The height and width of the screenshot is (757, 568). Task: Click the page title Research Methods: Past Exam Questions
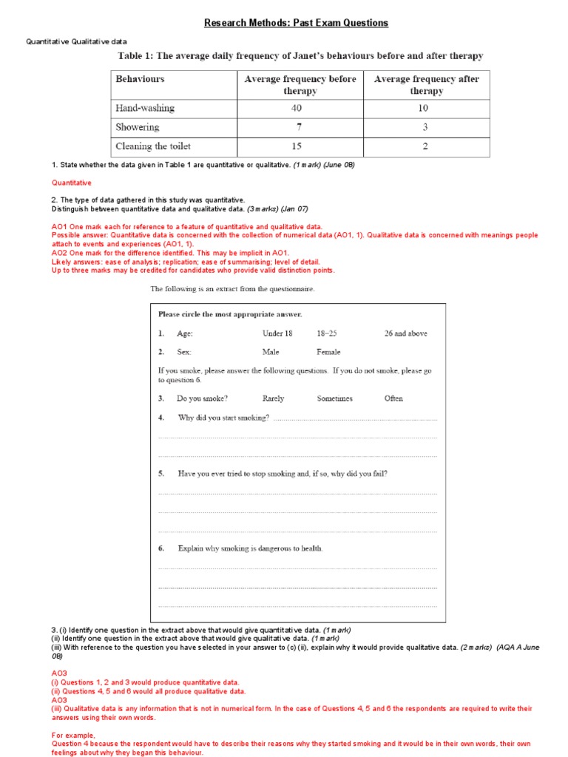[x=296, y=23]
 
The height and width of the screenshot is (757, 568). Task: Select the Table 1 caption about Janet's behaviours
[x=300, y=56]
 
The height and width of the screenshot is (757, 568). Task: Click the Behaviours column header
[x=141, y=78]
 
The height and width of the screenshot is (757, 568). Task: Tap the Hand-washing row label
[x=145, y=108]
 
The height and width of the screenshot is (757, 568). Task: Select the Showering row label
[x=137, y=127]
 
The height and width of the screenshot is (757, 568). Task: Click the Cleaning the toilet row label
[x=153, y=146]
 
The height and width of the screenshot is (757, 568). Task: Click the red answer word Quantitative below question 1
[x=72, y=182]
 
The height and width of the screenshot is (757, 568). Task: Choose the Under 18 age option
[x=277, y=333]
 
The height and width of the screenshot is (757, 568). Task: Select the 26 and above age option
[x=405, y=333]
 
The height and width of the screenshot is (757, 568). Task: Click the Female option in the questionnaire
[x=329, y=353]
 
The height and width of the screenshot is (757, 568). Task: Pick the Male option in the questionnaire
[x=273, y=353]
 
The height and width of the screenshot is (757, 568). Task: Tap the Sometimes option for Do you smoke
[x=335, y=398]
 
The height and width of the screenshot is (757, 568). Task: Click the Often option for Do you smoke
[x=393, y=398]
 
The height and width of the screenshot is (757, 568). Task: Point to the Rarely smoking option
[x=274, y=398]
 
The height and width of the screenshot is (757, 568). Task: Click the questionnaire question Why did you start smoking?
[x=223, y=418]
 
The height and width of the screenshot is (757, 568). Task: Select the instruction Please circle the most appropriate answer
[x=230, y=314]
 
